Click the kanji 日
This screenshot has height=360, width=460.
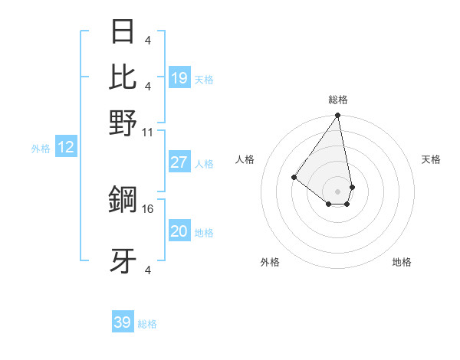[x=123, y=32]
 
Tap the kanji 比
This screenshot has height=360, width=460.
[x=123, y=77]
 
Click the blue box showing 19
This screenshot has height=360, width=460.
[x=179, y=78]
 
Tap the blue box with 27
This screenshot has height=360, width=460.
[x=179, y=162]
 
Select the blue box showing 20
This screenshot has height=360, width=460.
[x=179, y=231]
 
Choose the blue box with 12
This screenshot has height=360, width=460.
[x=66, y=148]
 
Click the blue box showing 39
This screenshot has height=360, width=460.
[x=123, y=322]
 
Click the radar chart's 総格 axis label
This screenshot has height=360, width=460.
[x=337, y=100]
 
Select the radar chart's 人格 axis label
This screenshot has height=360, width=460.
[x=245, y=159]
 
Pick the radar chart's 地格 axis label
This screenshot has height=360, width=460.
[x=402, y=262]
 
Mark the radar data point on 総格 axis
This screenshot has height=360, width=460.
[x=337, y=116]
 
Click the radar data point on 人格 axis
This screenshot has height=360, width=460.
[x=294, y=177]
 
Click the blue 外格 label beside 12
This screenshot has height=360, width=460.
[x=41, y=149]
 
